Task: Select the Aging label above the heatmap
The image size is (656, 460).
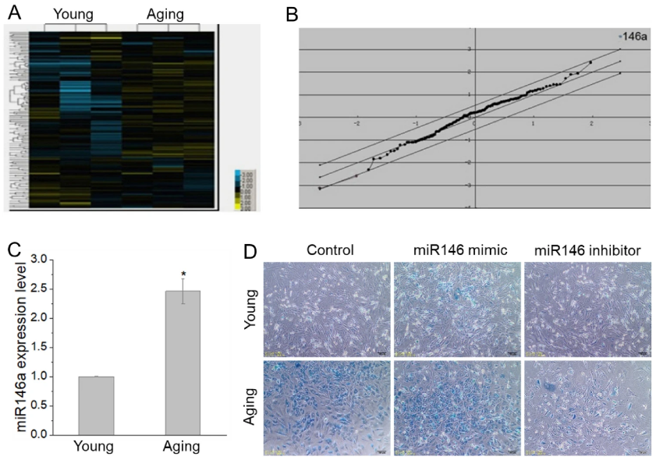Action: [x=168, y=13]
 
